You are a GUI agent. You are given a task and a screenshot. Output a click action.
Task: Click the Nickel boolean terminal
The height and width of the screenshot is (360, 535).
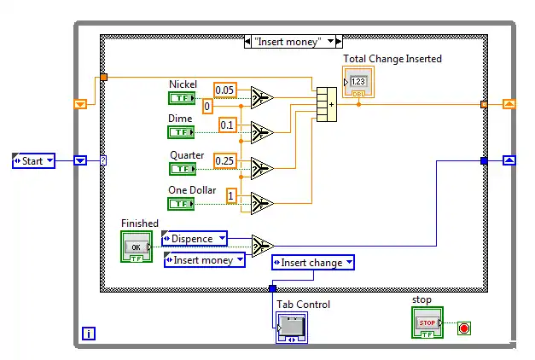click(x=182, y=97)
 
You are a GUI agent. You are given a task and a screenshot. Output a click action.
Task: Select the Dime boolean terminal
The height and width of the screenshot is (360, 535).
click(x=182, y=132)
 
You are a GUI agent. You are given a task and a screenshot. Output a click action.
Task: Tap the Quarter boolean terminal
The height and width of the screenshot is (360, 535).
click(x=182, y=169)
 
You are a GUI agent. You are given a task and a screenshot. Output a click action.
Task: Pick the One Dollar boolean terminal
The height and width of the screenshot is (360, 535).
click(x=182, y=203)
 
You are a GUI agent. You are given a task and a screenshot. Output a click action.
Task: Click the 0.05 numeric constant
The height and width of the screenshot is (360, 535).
click(x=225, y=90)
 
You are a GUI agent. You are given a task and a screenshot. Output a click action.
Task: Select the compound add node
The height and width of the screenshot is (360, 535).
click(x=327, y=104)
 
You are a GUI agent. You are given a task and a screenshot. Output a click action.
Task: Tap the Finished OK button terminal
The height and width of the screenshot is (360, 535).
click(x=136, y=247)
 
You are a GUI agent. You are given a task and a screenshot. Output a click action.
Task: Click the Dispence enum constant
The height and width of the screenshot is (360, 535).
click(x=195, y=239)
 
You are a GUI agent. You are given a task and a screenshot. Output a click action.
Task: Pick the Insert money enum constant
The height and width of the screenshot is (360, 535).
click(x=205, y=259)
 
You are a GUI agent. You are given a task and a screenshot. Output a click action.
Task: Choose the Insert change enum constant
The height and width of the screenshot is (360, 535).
click(x=313, y=263)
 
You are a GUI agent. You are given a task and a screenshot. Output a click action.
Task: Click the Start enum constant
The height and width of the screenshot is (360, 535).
click(x=33, y=160)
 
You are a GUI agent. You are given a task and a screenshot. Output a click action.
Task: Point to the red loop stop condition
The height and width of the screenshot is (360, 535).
click(x=464, y=328)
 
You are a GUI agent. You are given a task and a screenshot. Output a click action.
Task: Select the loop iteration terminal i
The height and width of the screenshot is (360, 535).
click(x=89, y=334)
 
